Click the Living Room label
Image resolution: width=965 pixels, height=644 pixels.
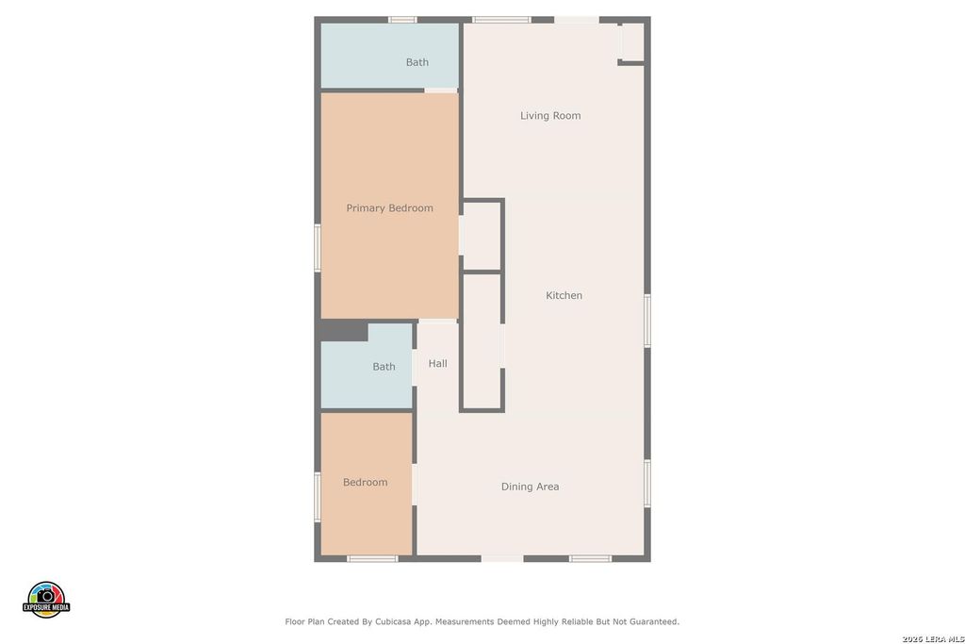point(550,116)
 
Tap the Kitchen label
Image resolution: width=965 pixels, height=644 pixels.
point(564,295)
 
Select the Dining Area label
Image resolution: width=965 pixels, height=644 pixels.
point(530,487)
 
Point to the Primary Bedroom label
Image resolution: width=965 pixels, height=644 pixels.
point(389,208)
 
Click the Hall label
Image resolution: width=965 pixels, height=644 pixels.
point(437,363)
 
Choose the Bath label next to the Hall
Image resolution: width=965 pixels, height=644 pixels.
point(384,367)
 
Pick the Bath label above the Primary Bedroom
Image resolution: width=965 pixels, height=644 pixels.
point(417,62)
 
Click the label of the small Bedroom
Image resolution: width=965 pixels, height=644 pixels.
point(365,482)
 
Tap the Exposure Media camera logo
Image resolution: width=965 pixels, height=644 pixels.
point(46,599)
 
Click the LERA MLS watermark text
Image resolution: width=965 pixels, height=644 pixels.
point(933,639)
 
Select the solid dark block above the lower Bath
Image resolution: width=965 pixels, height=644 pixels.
point(343,331)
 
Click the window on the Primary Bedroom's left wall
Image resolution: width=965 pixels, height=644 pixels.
point(318,247)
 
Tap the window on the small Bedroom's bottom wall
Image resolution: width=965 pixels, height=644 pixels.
point(372,558)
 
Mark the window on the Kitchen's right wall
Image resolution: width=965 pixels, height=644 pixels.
point(647,321)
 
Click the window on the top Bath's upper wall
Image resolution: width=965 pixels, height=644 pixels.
point(403,20)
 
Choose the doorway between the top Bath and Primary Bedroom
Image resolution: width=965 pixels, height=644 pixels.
point(441,91)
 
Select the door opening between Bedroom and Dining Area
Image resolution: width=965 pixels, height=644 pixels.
point(415,485)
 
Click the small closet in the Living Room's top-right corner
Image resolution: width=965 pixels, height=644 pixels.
point(632,41)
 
